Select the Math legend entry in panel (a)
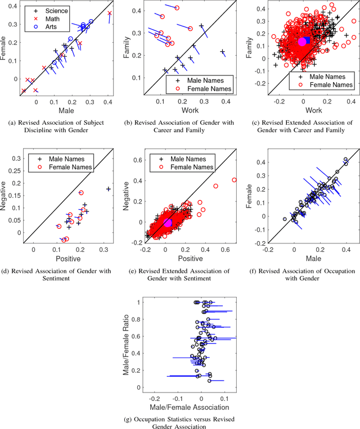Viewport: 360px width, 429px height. (45, 19)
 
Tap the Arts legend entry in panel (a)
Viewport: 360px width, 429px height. (44, 26)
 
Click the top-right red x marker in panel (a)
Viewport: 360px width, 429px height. (109, 13)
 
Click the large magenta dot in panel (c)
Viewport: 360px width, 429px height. (302, 42)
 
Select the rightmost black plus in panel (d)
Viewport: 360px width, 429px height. (108, 189)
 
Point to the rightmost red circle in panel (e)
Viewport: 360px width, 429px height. (235, 180)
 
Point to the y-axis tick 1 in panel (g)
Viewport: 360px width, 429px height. (138, 302)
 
